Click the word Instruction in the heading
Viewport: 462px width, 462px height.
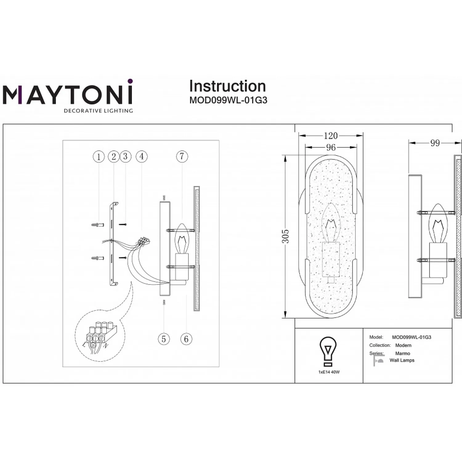tap(227, 86)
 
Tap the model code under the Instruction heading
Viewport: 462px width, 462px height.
tap(228, 100)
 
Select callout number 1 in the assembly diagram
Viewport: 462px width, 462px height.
tap(99, 157)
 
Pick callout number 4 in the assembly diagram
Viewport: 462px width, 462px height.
tap(141, 156)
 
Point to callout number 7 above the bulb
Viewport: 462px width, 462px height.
tap(182, 156)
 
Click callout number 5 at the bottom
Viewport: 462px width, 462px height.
tap(164, 339)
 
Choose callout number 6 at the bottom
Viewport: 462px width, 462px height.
tap(186, 339)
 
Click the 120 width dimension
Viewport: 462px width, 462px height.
tap(331, 136)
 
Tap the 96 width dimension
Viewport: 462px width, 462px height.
tap(331, 147)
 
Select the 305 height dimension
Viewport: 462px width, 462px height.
tap(286, 236)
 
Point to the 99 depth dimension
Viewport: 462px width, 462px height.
tap(435, 143)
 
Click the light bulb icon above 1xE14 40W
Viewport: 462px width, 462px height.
tap(328, 351)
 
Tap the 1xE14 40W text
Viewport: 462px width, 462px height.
tap(329, 372)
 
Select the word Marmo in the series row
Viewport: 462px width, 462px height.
tap(403, 353)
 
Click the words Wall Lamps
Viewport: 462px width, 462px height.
tap(402, 360)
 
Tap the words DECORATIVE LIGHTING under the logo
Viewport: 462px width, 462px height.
tap(98, 111)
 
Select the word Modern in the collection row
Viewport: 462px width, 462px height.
tap(403, 345)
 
